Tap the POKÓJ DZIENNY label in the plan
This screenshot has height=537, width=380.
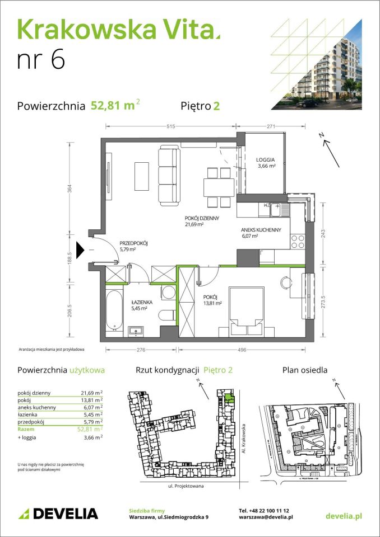coord(202,219)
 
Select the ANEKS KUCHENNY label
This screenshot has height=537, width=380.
coord(257,230)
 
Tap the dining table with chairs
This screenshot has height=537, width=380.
coord(217,185)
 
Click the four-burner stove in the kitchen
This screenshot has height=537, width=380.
coord(298,241)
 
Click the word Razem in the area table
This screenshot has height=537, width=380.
coord(26,429)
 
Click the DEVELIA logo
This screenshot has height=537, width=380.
coord(58,514)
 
